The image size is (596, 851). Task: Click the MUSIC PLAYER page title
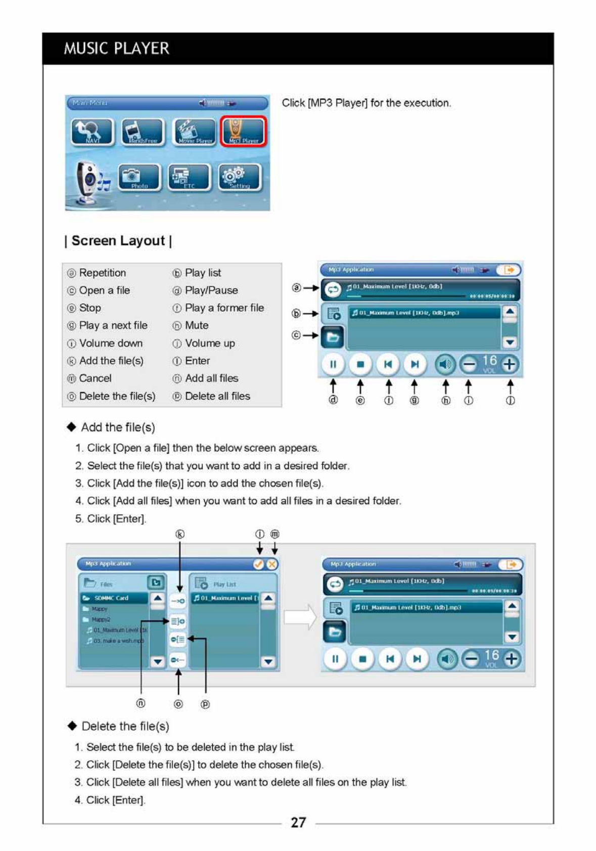click(x=116, y=49)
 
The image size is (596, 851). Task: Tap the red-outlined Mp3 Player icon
click(x=243, y=131)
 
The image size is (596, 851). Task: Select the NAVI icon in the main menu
click(x=92, y=132)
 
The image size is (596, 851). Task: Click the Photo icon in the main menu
click(x=139, y=177)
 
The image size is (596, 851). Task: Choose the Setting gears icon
click(x=240, y=177)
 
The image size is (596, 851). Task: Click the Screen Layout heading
click(x=118, y=241)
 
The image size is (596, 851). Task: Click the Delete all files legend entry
click(x=217, y=396)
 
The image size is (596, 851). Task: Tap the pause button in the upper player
click(x=333, y=364)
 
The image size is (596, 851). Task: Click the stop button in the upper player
click(x=360, y=364)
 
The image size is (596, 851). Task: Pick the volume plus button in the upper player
click(x=510, y=364)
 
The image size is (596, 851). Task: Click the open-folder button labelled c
click(x=333, y=337)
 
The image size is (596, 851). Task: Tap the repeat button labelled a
click(x=333, y=289)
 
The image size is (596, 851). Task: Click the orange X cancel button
click(x=272, y=564)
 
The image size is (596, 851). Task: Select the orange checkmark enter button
click(x=258, y=564)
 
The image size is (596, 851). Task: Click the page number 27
click(x=298, y=822)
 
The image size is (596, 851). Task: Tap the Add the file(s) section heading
click(x=118, y=428)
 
